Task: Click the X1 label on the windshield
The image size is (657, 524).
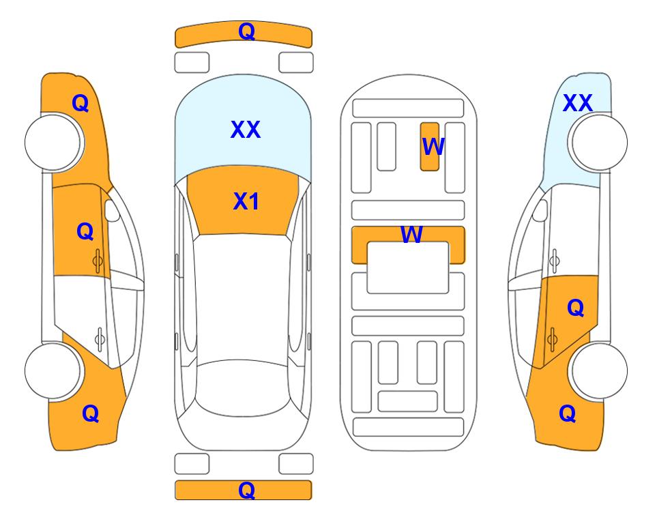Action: click(246, 201)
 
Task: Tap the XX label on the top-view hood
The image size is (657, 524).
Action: click(246, 129)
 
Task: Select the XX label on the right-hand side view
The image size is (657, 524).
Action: click(577, 103)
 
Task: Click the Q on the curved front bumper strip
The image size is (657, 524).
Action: click(246, 31)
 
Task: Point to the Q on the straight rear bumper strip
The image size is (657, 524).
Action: click(246, 490)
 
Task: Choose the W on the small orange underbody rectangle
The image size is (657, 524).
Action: click(433, 146)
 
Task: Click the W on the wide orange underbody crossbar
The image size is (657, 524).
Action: click(411, 234)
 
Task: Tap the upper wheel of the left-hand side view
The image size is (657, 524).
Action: click(54, 142)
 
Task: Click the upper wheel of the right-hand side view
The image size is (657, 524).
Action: click(598, 142)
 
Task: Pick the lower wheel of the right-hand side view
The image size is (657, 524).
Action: click(598, 370)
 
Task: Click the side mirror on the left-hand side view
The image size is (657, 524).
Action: click(112, 210)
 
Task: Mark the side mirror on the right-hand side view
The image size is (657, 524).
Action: click(540, 210)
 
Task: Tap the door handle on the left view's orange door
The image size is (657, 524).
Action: click(98, 261)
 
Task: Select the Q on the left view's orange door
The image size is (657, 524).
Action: click(85, 231)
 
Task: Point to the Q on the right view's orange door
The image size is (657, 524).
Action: click(575, 308)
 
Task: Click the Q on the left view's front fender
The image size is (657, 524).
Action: click(81, 103)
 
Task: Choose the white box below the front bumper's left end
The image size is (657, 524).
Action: click(192, 63)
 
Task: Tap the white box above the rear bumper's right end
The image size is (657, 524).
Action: click(296, 464)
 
